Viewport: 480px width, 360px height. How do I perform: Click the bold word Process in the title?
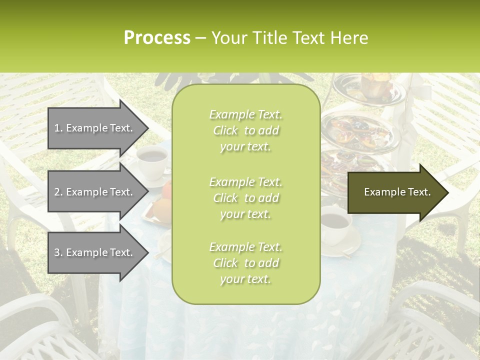coord(157,38)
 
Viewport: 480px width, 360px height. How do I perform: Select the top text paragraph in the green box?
coord(245,130)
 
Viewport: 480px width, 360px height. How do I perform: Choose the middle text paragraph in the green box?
coord(245,198)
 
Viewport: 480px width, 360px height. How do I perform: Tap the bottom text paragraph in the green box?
coord(245,263)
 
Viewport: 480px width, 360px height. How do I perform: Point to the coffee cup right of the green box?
coord(336,223)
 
